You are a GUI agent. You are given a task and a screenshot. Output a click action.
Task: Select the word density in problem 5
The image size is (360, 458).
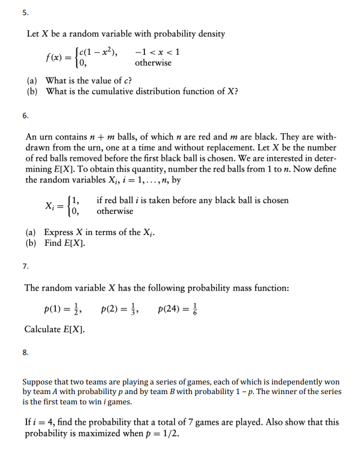pyautogui.click(x=209, y=34)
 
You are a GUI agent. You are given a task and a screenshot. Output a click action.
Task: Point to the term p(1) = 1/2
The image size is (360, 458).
pyautogui.click(x=63, y=310)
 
